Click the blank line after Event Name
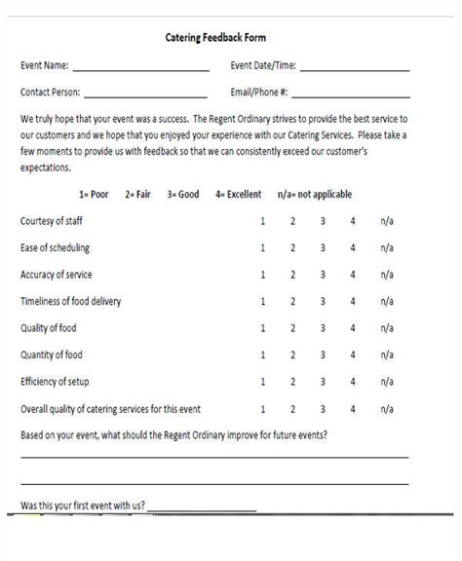140,68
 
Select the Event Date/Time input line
355,68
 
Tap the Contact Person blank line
145,94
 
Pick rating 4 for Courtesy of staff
353,221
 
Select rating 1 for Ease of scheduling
262,248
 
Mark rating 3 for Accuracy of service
323,275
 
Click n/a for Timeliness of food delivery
387,301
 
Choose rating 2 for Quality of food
292,327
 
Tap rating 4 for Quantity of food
353,355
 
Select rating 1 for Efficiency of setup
262,381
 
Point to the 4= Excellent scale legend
239,195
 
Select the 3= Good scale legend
183,195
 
